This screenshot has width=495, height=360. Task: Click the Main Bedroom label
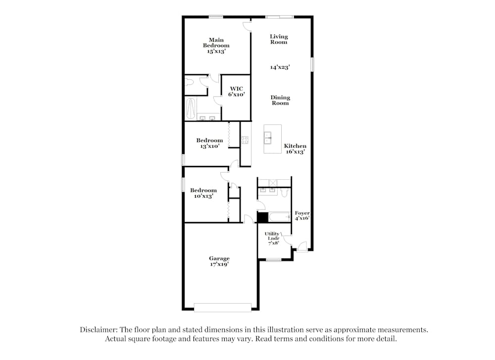[216, 46]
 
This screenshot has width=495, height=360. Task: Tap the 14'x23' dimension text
[280, 67]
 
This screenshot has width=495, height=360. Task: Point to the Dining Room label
[280, 101]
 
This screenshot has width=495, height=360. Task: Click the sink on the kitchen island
[268, 137]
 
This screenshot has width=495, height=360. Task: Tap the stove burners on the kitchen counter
[245, 140]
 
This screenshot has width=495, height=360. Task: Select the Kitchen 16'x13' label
[295, 149]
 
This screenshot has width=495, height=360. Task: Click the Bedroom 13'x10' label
[209, 143]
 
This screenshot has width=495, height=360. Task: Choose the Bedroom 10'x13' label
[203, 193]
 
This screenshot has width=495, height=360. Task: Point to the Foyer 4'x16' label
[302, 216]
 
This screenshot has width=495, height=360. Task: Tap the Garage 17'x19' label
[219, 261]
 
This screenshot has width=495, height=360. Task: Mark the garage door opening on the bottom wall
[223, 308]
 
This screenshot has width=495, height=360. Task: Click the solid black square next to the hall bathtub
[262, 217]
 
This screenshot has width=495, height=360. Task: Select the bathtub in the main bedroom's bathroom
[190, 108]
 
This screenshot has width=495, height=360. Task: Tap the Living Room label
[279, 39]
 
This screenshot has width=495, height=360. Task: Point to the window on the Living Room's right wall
[312, 64]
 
